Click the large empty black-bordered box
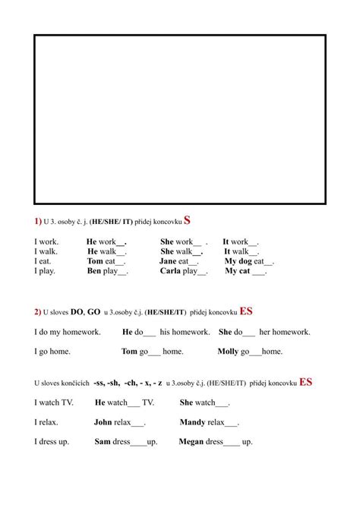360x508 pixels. pyautogui.click(x=180, y=120)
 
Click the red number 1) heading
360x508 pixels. pyautogui.click(x=37, y=221)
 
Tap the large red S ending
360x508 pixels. pyautogui.click(x=187, y=220)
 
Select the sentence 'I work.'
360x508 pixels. pyautogui.click(x=46, y=241)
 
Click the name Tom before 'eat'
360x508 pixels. pyautogui.click(x=95, y=261)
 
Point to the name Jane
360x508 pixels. pyautogui.click(x=168, y=261)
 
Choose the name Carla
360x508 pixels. pyautogui.click(x=171, y=271)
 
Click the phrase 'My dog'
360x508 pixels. pyautogui.click(x=238, y=261)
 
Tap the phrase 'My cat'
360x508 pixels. pyautogui.click(x=237, y=271)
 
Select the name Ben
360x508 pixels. pyautogui.click(x=94, y=271)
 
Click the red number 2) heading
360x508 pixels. pyautogui.click(x=37, y=311)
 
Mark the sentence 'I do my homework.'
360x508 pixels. pyautogui.click(x=66, y=332)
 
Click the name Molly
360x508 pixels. pyautogui.click(x=228, y=352)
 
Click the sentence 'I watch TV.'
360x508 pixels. pyautogui.click(x=54, y=402)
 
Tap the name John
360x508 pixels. pyautogui.click(x=103, y=422)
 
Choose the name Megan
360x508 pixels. pyautogui.click(x=191, y=442)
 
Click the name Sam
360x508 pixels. pyautogui.click(x=103, y=442)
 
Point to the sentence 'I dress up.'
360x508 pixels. pyautogui.click(x=54, y=442)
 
